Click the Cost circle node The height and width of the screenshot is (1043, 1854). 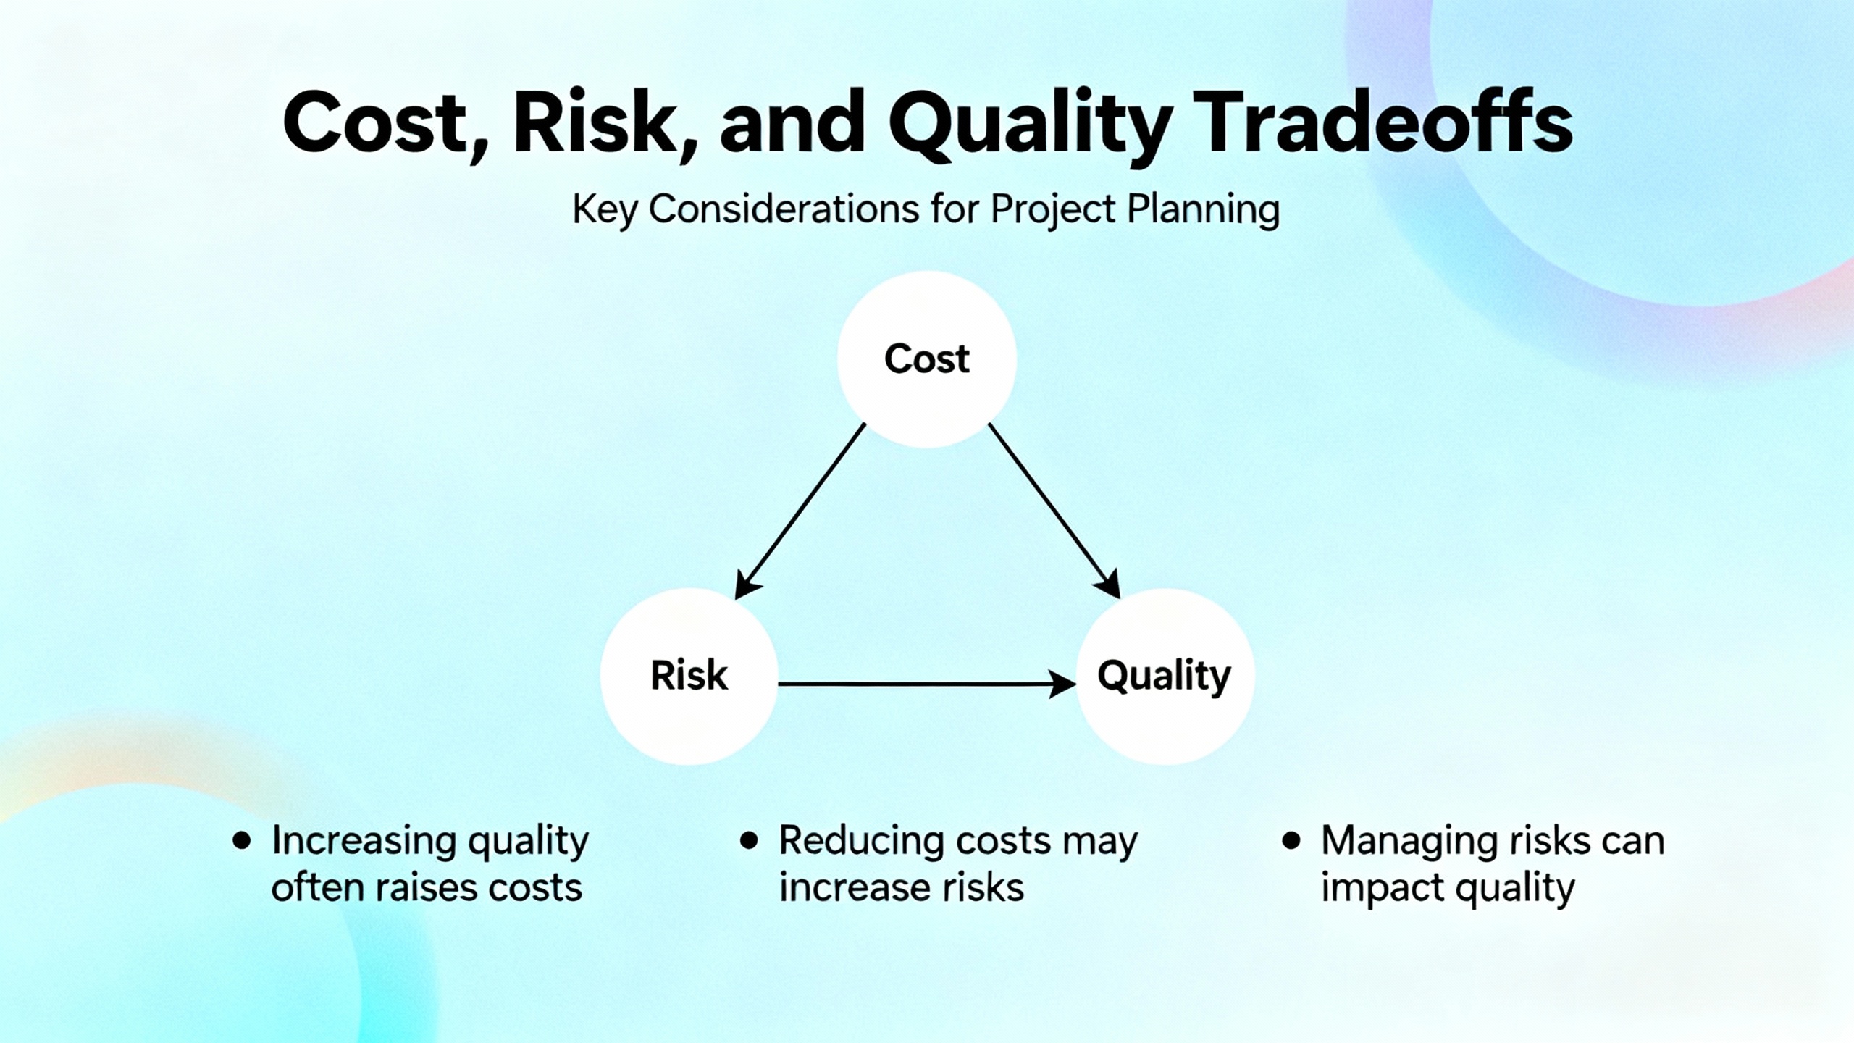(x=927, y=359)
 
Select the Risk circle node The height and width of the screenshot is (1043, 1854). (x=689, y=676)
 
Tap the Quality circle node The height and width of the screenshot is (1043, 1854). (x=1165, y=676)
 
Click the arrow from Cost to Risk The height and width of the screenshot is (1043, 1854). (x=800, y=511)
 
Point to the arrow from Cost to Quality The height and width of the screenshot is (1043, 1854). (x=1054, y=511)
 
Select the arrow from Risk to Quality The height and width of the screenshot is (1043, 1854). (x=927, y=684)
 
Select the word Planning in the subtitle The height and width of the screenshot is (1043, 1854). (x=1203, y=211)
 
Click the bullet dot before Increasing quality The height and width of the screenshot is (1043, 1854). (x=241, y=841)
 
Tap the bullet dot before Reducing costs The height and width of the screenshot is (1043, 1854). (x=749, y=841)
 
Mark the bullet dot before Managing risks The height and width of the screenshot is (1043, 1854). (x=1291, y=841)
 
